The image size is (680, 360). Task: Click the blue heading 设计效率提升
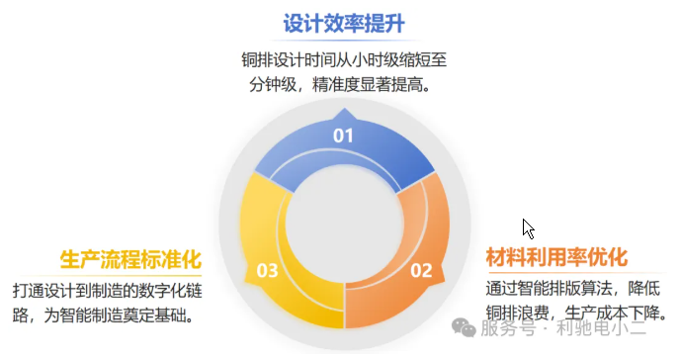[x=345, y=22]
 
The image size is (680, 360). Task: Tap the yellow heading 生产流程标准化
[x=130, y=259]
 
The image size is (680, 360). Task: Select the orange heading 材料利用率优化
[x=556, y=257]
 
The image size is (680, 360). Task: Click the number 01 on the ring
[x=343, y=135]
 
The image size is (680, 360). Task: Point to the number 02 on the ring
[x=421, y=269]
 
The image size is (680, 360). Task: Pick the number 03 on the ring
[x=267, y=269]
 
